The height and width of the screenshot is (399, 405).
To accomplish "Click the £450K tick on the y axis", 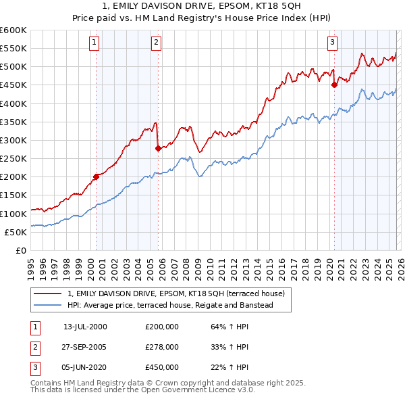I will (13, 85).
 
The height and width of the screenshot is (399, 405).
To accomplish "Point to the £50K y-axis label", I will (16, 232).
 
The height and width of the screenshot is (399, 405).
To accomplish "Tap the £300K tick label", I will (13, 140).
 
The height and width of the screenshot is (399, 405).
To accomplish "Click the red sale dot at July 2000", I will (97, 177).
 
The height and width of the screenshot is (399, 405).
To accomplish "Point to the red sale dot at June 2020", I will (334, 85).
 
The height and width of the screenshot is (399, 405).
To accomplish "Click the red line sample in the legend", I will (48, 294).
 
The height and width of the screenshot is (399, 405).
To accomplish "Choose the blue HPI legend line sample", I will (48, 305).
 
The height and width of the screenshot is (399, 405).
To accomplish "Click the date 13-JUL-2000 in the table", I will (85, 327).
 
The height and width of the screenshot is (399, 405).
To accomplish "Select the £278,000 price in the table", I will (162, 346).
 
